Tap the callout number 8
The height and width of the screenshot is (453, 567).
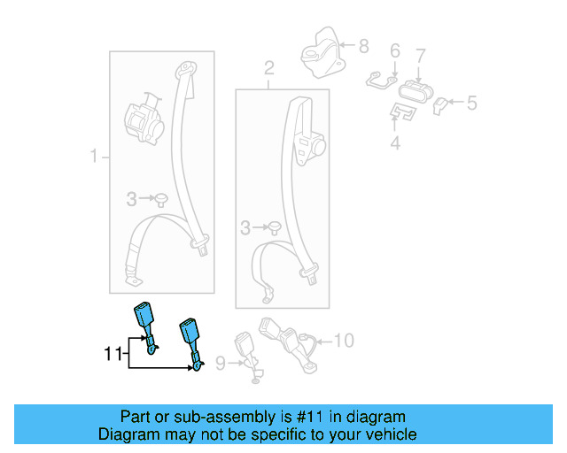pyautogui.click(x=364, y=43)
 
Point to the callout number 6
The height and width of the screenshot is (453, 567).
pyautogui.click(x=395, y=51)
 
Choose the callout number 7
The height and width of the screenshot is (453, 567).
pyautogui.click(x=421, y=55)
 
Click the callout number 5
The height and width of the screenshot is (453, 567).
pyautogui.click(x=471, y=104)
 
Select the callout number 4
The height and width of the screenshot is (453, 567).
pyautogui.click(x=395, y=141)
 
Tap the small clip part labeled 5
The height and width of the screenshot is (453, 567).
pyautogui.click(x=441, y=105)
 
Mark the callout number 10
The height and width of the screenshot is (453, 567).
pyautogui.click(x=345, y=339)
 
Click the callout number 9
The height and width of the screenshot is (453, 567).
pyautogui.click(x=221, y=361)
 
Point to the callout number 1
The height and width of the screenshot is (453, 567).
pyautogui.click(x=93, y=157)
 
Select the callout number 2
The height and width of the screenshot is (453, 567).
pyautogui.click(x=269, y=68)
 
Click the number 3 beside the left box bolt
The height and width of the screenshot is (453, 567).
pyautogui.click(x=131, y=200)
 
